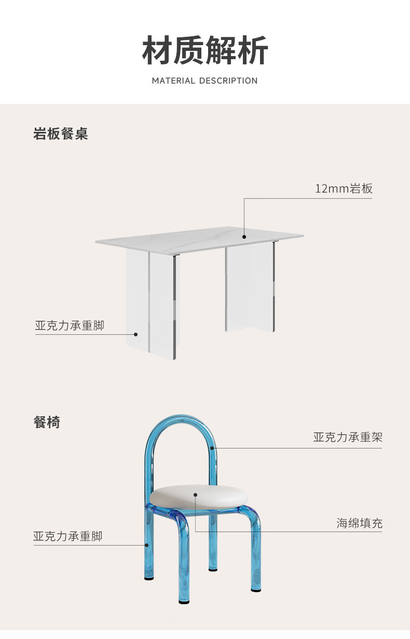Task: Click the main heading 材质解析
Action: tap(205, 50)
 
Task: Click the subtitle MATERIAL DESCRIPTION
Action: tap(204, 81)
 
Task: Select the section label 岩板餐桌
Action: tap(61, 134)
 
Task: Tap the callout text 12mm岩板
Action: tap(344, 188)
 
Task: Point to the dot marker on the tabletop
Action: tap(244, 237)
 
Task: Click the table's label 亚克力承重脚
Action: tap(70, 326)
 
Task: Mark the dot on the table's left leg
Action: tap(136, 334)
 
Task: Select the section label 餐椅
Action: tap(47, 423)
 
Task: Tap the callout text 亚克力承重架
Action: tap(347, 437)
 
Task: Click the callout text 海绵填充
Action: tap(359, 523)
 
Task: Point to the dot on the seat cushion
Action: tap(196, 494)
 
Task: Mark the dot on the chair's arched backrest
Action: tap(212, 448)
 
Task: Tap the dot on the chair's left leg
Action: tap(147, 545)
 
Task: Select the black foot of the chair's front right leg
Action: tap(255, 589)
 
